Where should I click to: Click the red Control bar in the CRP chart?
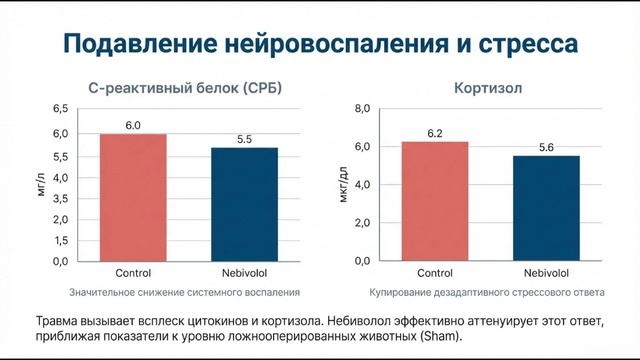pos(132,197)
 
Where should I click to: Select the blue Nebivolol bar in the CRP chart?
pos(244,204)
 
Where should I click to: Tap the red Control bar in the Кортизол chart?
pos(435,201)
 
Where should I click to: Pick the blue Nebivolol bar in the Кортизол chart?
pos(545,208)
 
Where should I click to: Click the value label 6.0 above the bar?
pos(132,125)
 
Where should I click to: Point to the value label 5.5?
pos(244,139)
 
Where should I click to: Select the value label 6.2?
pos(435,133)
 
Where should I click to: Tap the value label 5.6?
pos(545,147)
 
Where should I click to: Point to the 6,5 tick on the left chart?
pos(59,108)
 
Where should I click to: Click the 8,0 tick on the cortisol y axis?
pos(362,108)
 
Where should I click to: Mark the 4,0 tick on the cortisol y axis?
pos(362,185)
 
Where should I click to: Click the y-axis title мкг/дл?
pos(343,184)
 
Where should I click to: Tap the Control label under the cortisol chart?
pos(435,273)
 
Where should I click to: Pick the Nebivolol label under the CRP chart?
pos(244,273)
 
